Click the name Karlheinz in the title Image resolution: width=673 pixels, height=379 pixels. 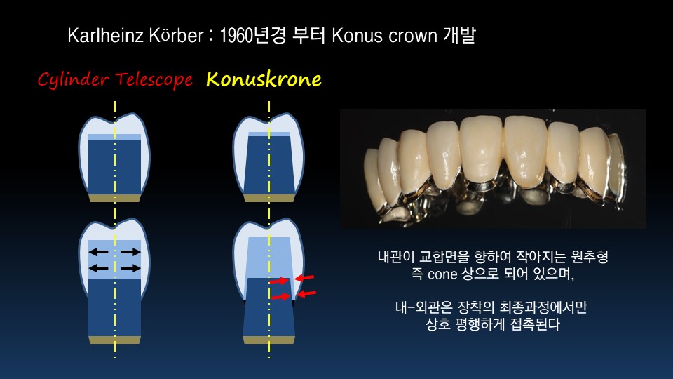pyautogui.click(x=106, y=35)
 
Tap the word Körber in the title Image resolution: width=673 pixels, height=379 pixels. pyautogui.click(x=176, y=35)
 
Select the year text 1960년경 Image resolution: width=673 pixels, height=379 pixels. pyautogui.click(x=252, y=35)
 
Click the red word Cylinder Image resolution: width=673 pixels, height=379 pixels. pyautogui.click(x=73, y=79)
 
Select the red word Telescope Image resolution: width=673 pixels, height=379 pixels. pyautogui.click(x=154, y=79)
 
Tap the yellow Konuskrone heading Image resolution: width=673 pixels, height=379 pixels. pyautogui.click(x=264, y=79)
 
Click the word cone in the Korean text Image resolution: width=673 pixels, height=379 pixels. pyautogui.click(x=442, y=274)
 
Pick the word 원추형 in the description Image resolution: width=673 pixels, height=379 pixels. pyautogui.click(x=590, y=257)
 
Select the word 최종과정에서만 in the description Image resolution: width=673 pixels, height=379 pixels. pyautogui.click(x=543, y=307)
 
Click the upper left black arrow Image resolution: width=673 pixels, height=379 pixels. pyautogui.click(x=98, y=252)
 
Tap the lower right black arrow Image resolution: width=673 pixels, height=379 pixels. pyautogui.click(x=131, y=269)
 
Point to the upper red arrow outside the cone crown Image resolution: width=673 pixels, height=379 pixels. pyautogui.click(x=304, y=278)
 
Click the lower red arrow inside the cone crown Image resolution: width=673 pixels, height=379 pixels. pyautogui.click(x=280, y=296)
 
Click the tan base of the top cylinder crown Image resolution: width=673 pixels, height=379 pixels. pyautogui.click(x=114, y=198)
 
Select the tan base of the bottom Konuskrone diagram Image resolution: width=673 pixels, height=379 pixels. pyautogui.click(x=268, y=340)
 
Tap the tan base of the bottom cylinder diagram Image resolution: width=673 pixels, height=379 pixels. pyautogui.click(x=114, y=340)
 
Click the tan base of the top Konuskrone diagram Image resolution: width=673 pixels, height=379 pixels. pyautogui.click(x=269, y=198)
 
